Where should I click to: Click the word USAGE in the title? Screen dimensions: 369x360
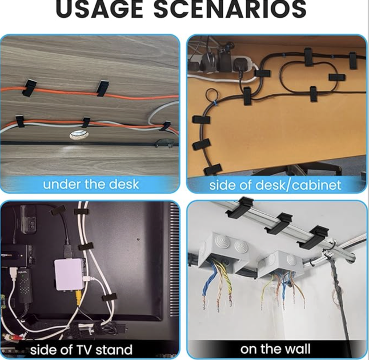click(99, 9)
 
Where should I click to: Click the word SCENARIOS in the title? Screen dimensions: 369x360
click(230, 9)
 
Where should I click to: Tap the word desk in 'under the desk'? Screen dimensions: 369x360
click(125, 185)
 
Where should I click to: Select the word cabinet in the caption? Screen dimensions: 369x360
click(316, 185)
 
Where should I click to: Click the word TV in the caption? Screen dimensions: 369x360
click(85, 349)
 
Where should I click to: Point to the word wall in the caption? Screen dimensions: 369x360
click(299, 349)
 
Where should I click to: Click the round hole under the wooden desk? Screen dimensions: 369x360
click(79, 135)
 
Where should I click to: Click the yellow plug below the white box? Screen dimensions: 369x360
click(78, 297)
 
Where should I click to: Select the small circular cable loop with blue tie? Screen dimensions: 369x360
click(212, 95)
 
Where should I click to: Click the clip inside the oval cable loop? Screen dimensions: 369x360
click(337, 77)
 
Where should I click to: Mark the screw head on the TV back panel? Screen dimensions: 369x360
click(138, 239)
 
